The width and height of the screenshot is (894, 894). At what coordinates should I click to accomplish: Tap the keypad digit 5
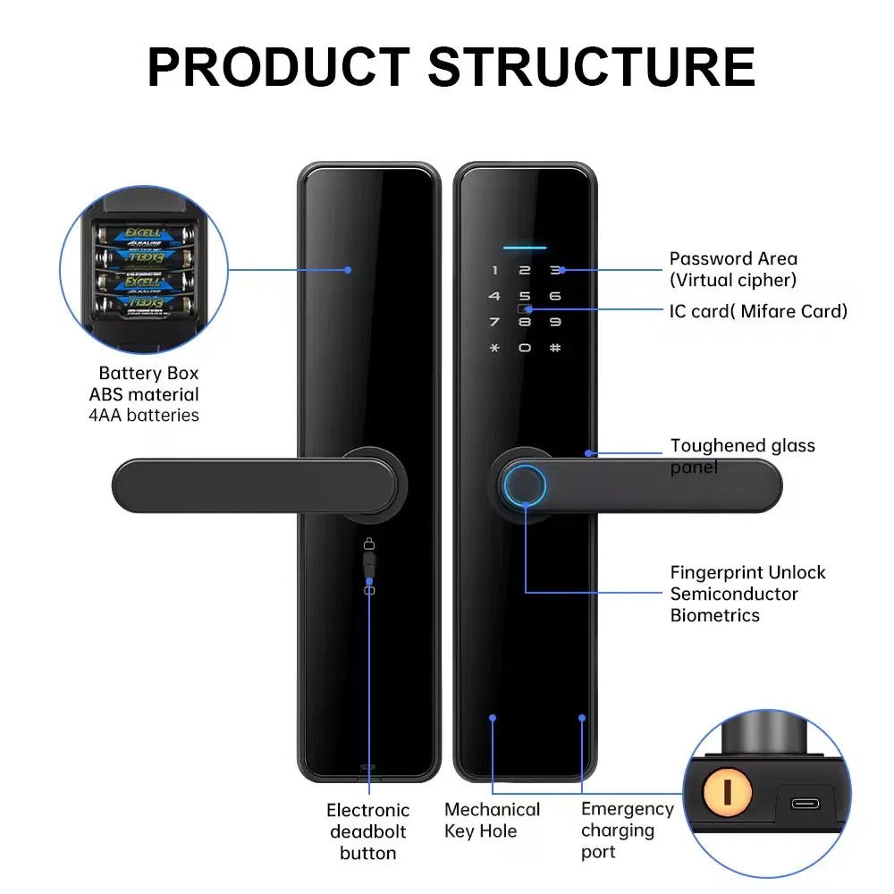click(x=525, y=296)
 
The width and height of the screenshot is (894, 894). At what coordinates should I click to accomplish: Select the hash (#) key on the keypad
click(x=554, y=348)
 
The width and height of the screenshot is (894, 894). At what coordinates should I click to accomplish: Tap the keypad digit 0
click(x=525, y=348)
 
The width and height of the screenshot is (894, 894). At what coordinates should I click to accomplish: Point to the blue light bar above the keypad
click(x=525, y=247)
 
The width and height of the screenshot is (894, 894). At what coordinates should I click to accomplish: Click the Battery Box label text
click(x=148, y=373)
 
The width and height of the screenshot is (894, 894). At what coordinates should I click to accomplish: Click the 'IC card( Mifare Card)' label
click(x=758, y=311)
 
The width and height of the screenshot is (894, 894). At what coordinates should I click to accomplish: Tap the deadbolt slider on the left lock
click(x=369, y=566)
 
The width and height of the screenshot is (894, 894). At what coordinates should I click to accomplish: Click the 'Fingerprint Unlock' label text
click(x=747, y=573)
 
